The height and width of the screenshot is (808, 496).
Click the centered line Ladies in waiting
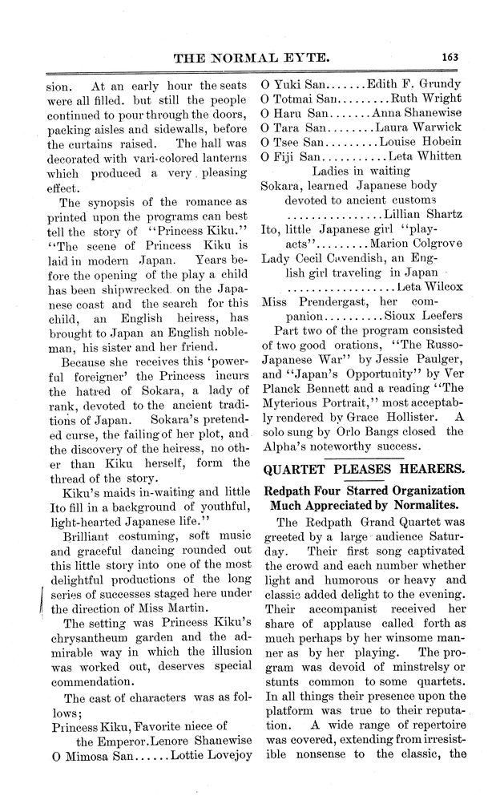point(361,171)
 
